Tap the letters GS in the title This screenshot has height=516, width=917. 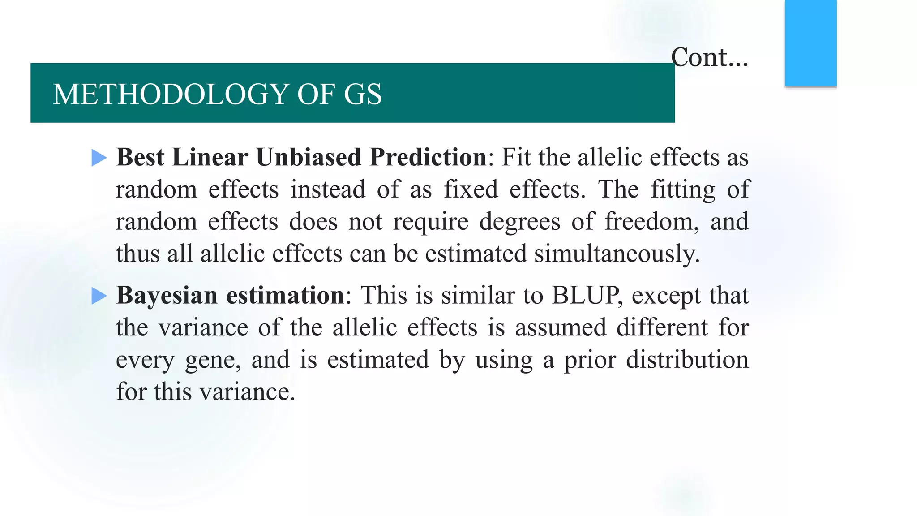click(x=363, y=94)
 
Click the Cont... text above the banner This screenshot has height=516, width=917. click(x=709, y=58)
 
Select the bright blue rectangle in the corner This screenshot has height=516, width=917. click(x=810, y=43)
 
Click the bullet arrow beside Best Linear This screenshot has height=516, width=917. click(x=99, y=158)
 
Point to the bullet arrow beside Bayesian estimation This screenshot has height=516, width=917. click(x=99, y=296)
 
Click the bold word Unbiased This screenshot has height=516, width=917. click(x=309, y=157)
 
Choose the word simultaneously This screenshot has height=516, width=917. click(x=616, y=254)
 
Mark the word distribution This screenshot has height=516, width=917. click(x=687, y=360)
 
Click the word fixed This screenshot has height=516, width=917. click(x=471, y=189)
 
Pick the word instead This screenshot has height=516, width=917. click(x=328, y=189)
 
